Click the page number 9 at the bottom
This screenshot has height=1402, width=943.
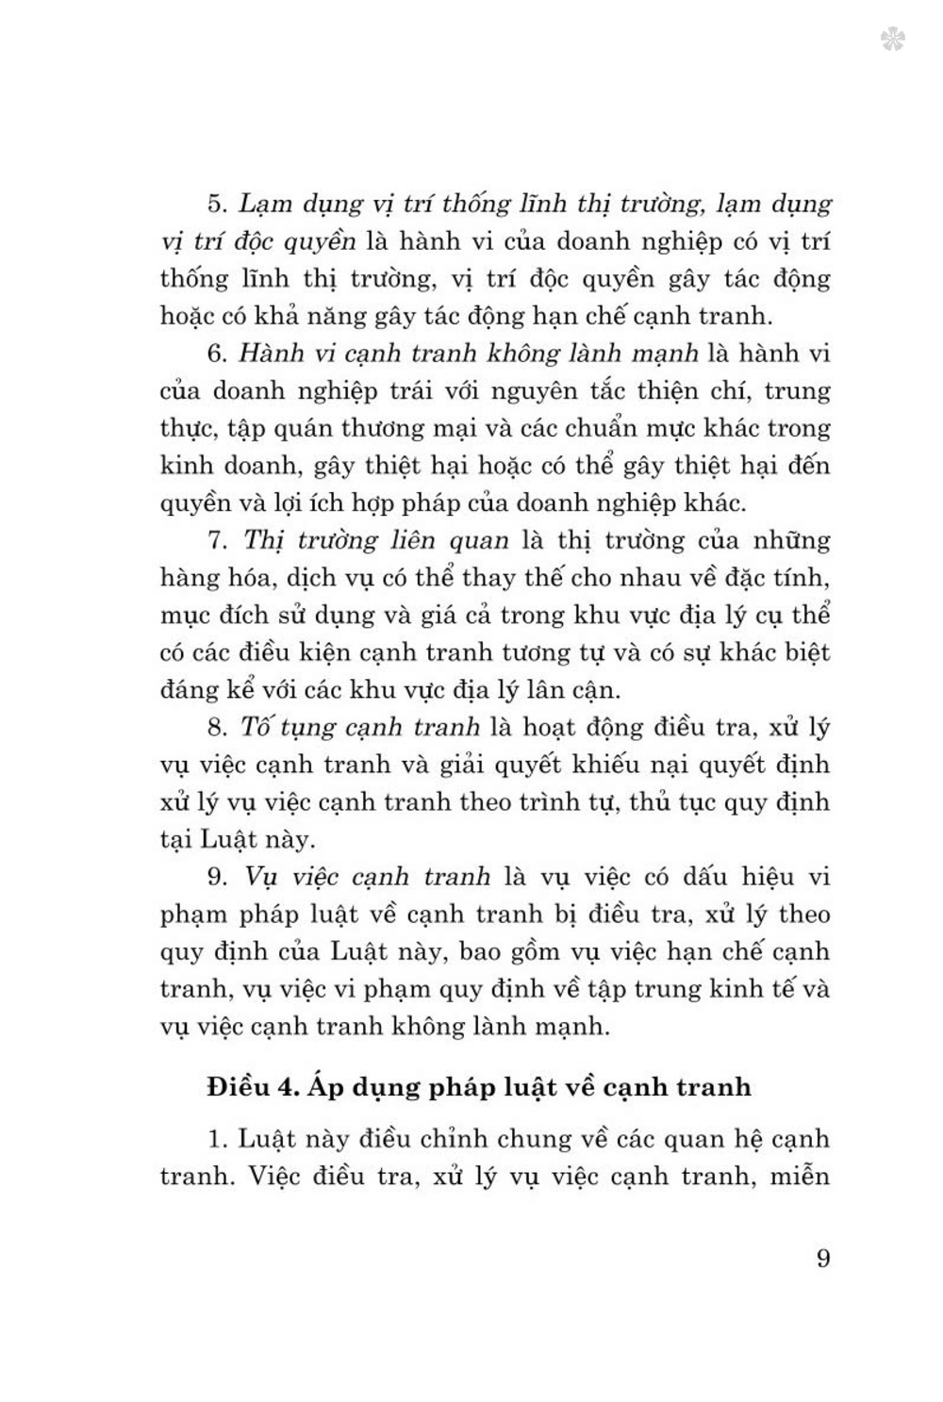[x=823, y=1258]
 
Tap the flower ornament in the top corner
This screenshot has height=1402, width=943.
[x=892, y=40]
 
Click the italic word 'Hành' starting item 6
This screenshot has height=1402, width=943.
[x=270, y=354]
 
